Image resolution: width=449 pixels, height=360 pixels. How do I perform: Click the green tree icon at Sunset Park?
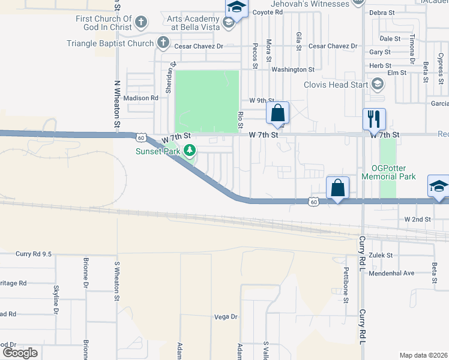190,149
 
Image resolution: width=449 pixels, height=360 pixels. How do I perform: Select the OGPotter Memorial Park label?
390,172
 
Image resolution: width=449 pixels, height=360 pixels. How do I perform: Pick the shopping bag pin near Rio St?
277,113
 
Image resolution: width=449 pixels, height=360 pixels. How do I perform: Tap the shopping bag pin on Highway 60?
338,188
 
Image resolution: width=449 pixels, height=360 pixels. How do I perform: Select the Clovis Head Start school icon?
377,85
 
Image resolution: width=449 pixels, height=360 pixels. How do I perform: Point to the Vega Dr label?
226,316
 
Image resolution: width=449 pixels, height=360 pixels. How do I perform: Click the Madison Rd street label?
140,98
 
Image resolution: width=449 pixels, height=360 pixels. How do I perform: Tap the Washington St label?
293,70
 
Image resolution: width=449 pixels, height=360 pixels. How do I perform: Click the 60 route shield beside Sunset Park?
140,137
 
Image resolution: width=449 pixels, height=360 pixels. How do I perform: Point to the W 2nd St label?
418,220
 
